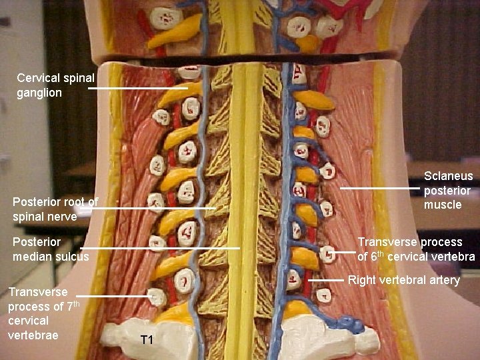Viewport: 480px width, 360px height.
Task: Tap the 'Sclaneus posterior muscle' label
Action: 449,190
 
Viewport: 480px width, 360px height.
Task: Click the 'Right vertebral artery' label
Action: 404,280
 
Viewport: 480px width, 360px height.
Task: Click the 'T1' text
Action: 147,341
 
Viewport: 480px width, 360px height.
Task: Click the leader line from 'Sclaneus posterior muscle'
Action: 380,189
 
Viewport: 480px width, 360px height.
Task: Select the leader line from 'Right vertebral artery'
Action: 326,280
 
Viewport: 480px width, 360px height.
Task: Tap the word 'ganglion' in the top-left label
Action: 39,93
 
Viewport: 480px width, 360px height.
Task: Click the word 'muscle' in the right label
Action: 443,204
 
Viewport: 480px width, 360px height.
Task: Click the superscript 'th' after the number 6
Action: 381,253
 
